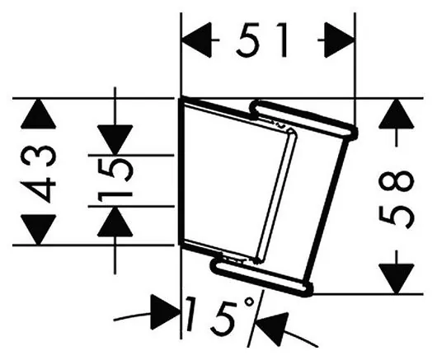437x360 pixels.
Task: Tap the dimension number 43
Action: click(39, 172)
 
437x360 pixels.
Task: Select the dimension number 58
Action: click(396, 199)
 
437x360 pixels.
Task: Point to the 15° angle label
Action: click(220, 316)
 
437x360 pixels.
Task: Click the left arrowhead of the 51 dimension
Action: click(196, 40)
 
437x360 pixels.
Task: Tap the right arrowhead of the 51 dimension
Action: click(340, 40)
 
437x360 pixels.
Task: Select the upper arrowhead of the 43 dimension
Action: click(39, 114)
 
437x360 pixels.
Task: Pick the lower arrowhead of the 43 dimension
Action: click(39, 230)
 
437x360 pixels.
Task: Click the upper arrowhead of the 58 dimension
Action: click(396, 114)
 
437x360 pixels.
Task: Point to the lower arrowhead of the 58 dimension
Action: click(396, 279)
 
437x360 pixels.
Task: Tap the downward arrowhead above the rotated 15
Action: click(115, 140)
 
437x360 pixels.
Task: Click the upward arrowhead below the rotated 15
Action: click(115, 222)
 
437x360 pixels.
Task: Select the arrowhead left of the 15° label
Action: click(165, 312)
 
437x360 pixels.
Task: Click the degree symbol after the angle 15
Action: click(249, 302)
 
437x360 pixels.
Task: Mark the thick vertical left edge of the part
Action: click(180, 172)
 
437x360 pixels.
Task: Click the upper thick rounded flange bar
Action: click(303, 119)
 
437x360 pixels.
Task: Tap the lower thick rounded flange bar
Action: click(262, 277)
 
